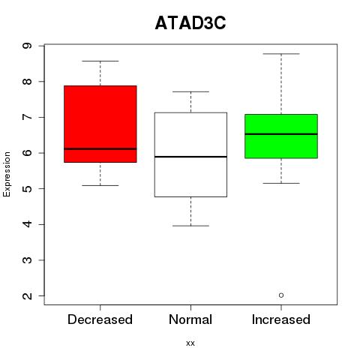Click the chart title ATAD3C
[x=190, y=23]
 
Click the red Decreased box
[x=100, y=124]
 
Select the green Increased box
[x=281, y=136]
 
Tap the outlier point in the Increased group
[x=281, y=295]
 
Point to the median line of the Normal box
[x=190, y=157]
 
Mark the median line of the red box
[x=100, y=148]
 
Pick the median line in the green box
[x=281, y=134]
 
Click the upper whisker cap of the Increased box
[x=281, y=54]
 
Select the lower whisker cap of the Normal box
[x=190, y=226]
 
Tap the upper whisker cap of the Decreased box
[x=100, y=61]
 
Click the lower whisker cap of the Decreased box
[x=100, y=185]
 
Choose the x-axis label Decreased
[x=100, y=319]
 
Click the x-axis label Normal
[x=190, y=319]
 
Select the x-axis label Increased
[x=281, y=319]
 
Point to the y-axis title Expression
[x=7, y=174]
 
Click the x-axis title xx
[x=190, y=343]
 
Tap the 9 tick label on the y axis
[x=28, y=46]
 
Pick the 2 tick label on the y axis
[x=28, y=296]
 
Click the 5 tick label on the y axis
[x=28, y=189]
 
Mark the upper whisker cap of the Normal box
[x=190, y=91]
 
